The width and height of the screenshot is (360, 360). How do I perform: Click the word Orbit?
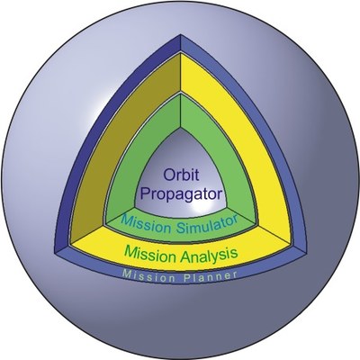(181, 175)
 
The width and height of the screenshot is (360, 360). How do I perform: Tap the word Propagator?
(181, 194)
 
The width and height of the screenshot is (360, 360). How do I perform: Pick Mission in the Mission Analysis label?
(150, 254)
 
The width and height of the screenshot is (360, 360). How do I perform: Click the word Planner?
(211, 276)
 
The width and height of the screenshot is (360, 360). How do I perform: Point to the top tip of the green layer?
(181, 94)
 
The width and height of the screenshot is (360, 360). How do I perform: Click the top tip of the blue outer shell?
(181, 34)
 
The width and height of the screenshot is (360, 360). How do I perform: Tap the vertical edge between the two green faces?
(181, 111)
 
